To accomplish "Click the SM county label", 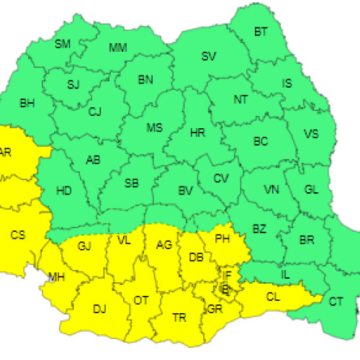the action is click(x=63, y=44).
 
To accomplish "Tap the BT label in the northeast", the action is click(x=261, y=32).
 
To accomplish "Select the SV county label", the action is click(x=209, y=56).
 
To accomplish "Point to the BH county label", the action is click(x=27, y=104).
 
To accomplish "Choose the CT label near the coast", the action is click(x=336, y=302).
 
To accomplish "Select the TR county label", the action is click(x=179, y=316).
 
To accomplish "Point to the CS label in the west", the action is click(x=18, y=234).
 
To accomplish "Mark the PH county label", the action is click(x=222, y=237).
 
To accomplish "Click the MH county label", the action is click(x=56, y=276).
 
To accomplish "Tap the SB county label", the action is click(x=132, y=184).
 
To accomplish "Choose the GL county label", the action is click(x=311, y=189).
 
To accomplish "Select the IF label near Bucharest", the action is click(x=227, y=275).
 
